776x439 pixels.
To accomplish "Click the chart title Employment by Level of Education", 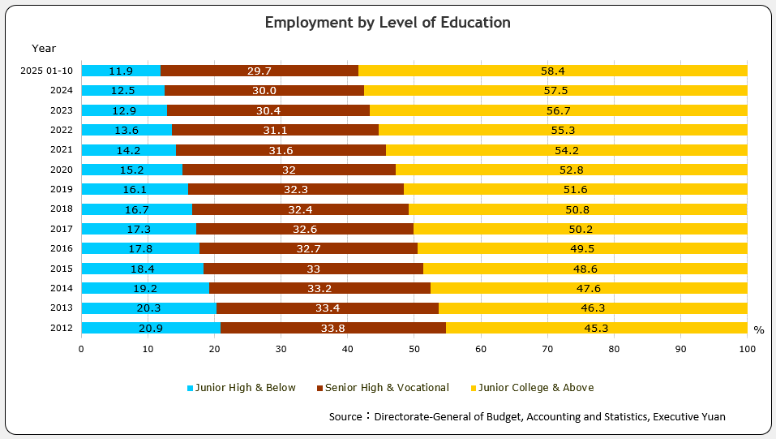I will (388, 23).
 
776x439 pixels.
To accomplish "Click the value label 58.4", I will (552, 71).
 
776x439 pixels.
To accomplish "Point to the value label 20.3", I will (148, 308).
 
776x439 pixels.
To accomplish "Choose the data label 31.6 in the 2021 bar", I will (281, 150).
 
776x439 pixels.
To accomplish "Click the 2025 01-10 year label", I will (48, 71).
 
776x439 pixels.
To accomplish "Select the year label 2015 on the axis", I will (62, 269).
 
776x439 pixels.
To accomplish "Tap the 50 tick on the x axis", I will (414, 349).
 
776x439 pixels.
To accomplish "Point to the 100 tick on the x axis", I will (747, 349).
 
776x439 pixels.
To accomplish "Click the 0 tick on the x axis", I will (81, 349).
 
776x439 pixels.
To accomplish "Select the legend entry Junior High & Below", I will (241, 388).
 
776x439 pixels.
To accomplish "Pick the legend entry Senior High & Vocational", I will (381, 388).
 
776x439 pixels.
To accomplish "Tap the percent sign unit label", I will (758, 330).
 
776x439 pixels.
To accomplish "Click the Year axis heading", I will (44, 49).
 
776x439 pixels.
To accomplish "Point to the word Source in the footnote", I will (345, 416).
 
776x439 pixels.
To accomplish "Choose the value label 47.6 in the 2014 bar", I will (588, 288).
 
